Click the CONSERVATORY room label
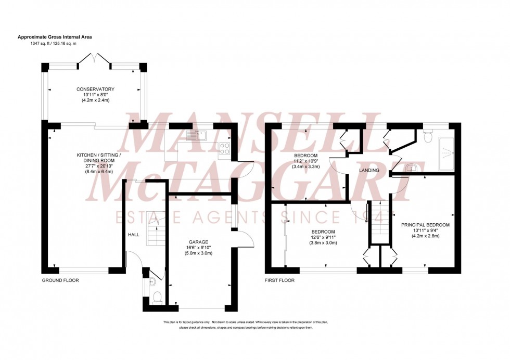(94, 89)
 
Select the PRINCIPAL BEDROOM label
(425, 225)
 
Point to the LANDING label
(369, 171)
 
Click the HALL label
(134, 235)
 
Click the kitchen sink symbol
(198, 135)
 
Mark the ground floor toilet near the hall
(157, 298)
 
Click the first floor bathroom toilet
(428, 136)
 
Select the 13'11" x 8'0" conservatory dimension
(94, 95)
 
